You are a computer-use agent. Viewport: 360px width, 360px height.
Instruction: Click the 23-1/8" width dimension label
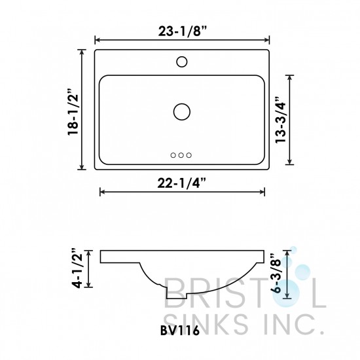point(181,29)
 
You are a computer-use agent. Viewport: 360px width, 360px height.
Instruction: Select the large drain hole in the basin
point(182,111)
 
